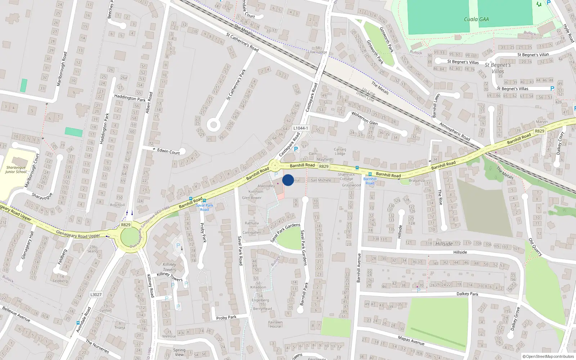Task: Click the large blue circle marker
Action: click(x=288, y=180)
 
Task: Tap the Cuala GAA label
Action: click(x=476, y=19)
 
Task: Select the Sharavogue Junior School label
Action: click(x=16, y=170)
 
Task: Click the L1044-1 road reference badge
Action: click(x=300, y=128)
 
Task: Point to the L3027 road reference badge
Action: click(x=96, y=294)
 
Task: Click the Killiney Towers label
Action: click(x=169, y=267)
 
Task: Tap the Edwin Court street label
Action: click(x=168, y=152)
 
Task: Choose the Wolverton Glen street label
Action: click(x=364, y=118)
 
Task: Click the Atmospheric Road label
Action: click(x=455, y=132)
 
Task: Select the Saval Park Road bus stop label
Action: click(x=204, y=207)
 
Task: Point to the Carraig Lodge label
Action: click(x=340, y=151)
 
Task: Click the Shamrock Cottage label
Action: click(x=346, y=176)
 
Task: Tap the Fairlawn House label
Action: click(x=275, y=324)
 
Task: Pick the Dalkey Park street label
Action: click(x=467, y=294)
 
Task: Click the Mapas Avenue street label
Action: click(x=411, y=340)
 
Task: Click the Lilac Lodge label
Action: click(x=318, y=52)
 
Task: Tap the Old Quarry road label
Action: click(x=535, y=247)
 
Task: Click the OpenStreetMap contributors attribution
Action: click(x=548, y=356)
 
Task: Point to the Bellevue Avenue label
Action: click(x=16, y=314)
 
